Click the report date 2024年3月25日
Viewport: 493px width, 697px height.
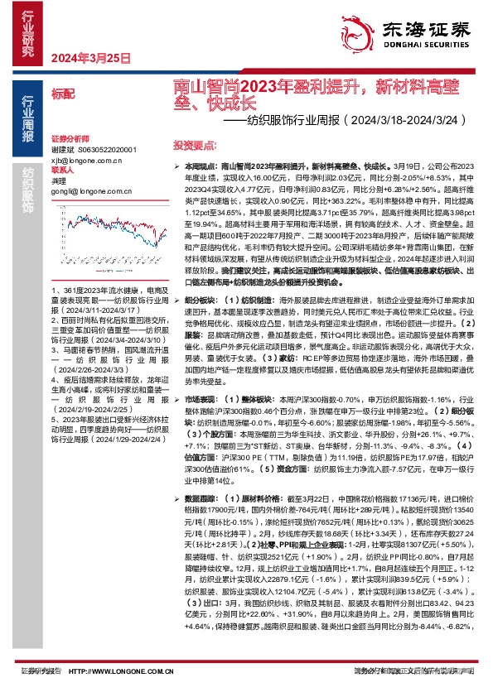pos(92,59)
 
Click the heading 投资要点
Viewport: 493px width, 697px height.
pos(195,145)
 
